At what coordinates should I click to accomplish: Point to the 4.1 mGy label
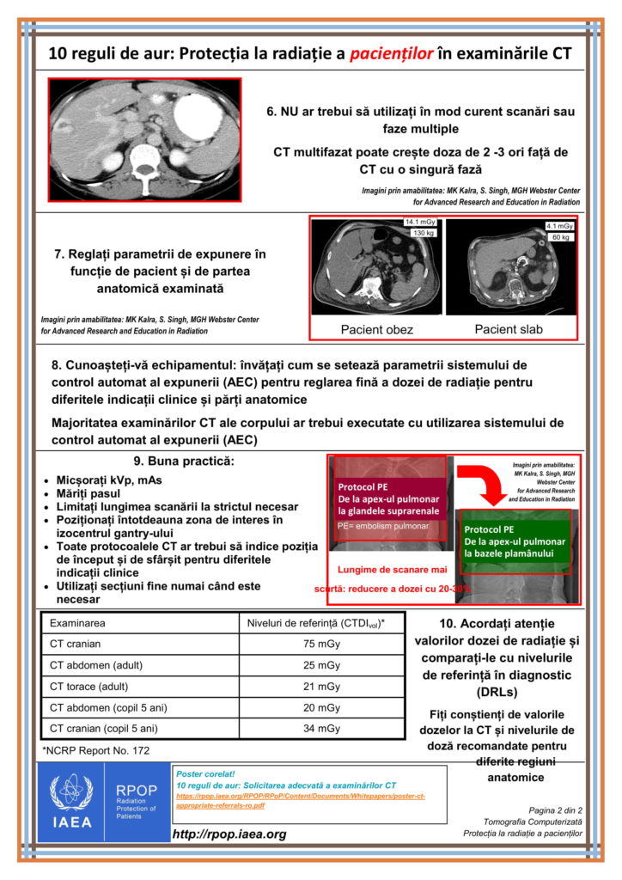point(559,226)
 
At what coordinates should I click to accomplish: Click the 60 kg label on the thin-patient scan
point(559,237)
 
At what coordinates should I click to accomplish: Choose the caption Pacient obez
point(376,329)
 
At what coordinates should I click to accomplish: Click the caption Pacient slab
point(509,328)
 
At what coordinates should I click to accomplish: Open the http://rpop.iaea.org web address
point(229,834)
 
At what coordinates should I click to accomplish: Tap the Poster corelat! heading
point(204,773)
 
